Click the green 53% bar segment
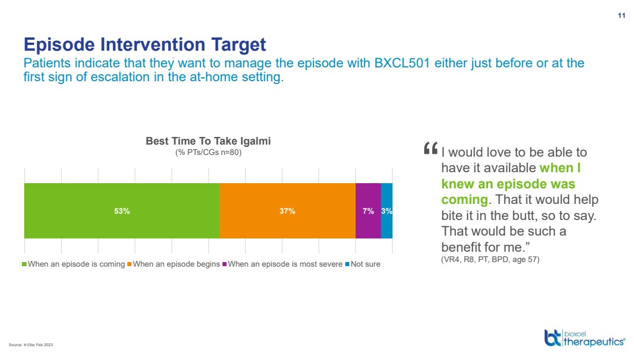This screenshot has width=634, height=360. click(x=122, y=210)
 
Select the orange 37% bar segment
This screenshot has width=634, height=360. click(x=288, y=210)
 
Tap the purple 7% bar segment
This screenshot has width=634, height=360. click(x=368, y=210)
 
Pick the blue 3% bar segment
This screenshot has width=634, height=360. click(x=387, y=210)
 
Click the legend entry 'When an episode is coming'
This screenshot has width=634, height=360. click(x=73, y=264)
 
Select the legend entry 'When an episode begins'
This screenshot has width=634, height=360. click(x=173, y=264)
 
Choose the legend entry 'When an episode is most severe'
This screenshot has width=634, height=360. click(x=282, y=264)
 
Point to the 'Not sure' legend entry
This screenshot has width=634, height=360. click(x=363, y=264)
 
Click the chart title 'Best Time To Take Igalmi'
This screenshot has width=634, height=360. click(x=208, y=141)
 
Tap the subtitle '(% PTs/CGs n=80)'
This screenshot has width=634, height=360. click(x=208, y=152)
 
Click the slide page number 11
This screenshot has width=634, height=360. click(x=621, y=16)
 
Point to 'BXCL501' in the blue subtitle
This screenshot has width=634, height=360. click(x=402, y=63)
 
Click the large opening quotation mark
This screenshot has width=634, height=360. click(x=431, y=148)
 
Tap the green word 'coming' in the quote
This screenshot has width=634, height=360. click(x=465, y=200)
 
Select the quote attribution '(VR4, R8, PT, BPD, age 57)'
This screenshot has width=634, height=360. click(x=490, y=259)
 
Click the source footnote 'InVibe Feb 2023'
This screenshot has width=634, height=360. click(x=39, y=344)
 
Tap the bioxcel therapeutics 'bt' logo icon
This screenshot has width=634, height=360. click(x=553, y=338)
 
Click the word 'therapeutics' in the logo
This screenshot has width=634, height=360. click(x=594, y=342)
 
